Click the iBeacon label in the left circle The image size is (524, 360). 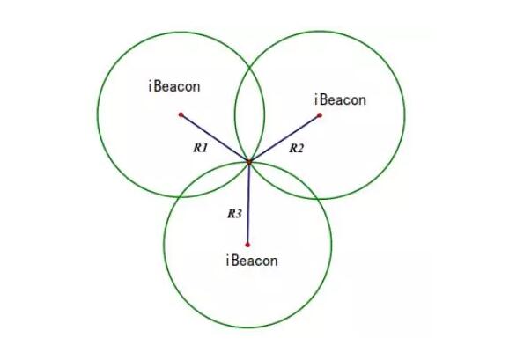[174, 86]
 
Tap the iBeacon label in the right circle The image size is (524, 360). [340, 99]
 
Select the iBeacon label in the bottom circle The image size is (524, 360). [252, 261]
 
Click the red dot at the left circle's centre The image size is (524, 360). [181, 115]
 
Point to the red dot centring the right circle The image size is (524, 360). [320, 115]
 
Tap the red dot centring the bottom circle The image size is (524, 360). [247, 245]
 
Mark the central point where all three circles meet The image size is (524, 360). [249, 162]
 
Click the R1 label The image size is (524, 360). [201, 148]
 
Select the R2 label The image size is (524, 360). [297, 148]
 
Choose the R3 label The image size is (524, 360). [234, 214]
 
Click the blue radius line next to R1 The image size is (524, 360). [215, 138]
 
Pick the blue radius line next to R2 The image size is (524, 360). [284, 138]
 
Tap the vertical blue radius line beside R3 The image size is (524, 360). [248, 203]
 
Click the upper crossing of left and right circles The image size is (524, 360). [249, 68]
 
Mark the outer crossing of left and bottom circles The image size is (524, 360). [180, 196]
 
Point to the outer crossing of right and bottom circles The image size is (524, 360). [319, 199]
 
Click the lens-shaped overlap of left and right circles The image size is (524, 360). [249, 114]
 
